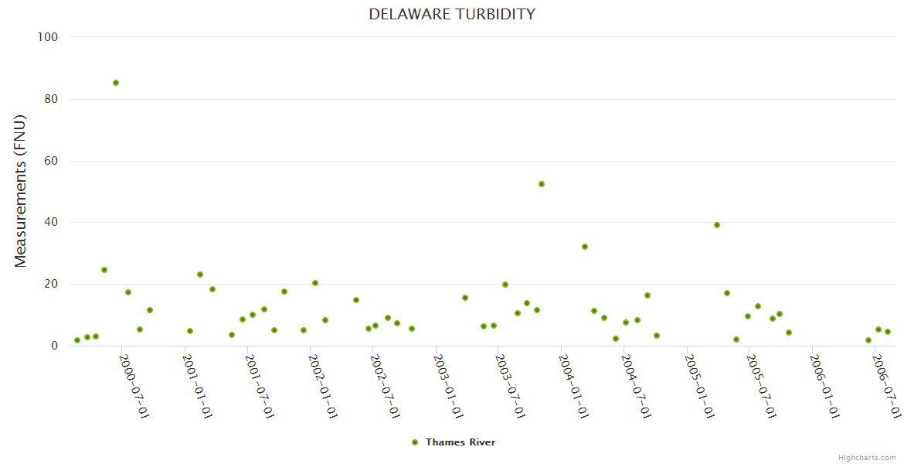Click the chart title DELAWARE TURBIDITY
coord(451,14)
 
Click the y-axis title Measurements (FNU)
coord(21,191)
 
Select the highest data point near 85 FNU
coord(116,83)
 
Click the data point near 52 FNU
coord(542,184)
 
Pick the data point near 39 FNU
coord(717,225)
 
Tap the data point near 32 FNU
coord(585,247)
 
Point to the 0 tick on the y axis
coord(54,346)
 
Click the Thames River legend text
coord(460,442)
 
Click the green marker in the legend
coord(415,442)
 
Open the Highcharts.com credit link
coord(867,458)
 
